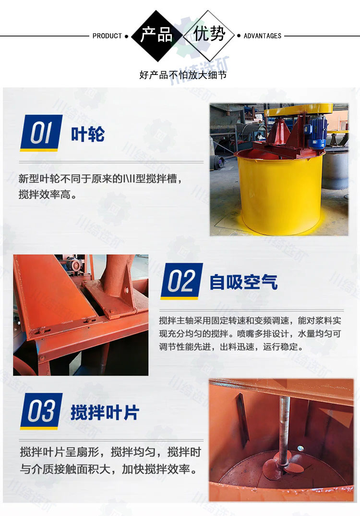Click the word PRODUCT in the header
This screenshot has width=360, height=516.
[x=107, y=36]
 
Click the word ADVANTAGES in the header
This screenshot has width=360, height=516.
[x=263, y=36]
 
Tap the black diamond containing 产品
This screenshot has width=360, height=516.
[x=156, y=36]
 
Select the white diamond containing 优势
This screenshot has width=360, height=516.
[x=209, y=36]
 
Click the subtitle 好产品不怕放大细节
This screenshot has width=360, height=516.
[x=183, y=75]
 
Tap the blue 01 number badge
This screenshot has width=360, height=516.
[x=41, y=133]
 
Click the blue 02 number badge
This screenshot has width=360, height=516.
[x=181, y=281]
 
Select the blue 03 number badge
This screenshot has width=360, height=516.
[x=41, y=411]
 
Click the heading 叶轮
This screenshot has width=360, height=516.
[x=88, y=134]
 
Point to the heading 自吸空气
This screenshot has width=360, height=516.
[x=244, y=283]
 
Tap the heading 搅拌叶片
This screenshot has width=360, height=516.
[x=105, y=412]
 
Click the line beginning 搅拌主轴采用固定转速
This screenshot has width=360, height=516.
[x=250, y=320]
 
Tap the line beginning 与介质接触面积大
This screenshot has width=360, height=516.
[x=109, y=469]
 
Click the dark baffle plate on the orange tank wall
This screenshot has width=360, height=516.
[x=242, y=419]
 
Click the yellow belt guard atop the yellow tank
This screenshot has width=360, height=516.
[x=298, y=110]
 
